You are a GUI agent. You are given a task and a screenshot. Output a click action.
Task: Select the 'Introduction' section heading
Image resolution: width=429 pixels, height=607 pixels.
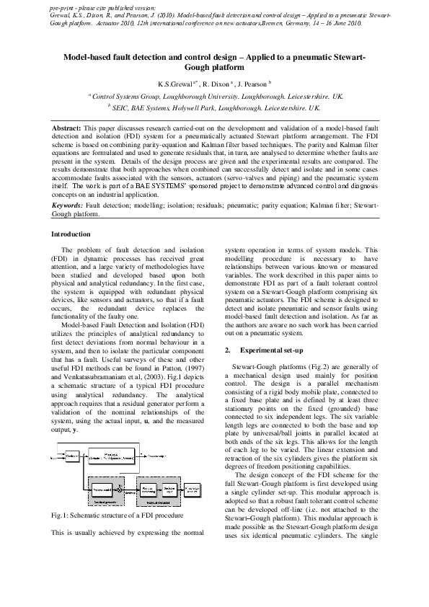click(71, 234)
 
